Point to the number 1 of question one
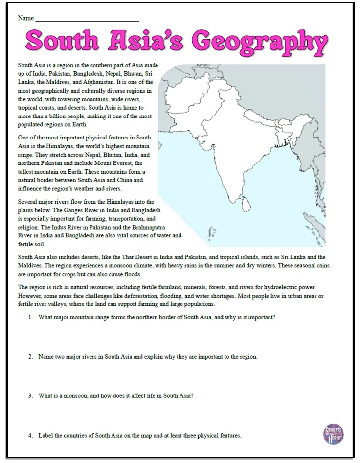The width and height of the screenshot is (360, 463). coord(30,317)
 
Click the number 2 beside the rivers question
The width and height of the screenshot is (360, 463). coord(30,356)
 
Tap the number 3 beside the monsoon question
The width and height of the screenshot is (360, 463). coord(30,395)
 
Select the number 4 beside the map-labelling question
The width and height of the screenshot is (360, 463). coord(30,435)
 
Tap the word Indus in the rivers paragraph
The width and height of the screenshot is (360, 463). coord(80,227)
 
